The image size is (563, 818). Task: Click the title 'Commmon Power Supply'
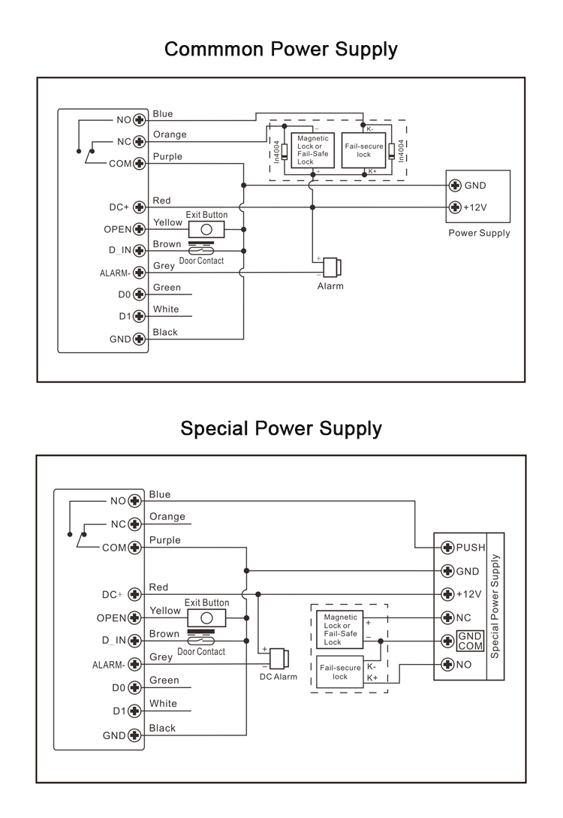click(x=281, y=50)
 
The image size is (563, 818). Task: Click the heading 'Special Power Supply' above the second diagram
click(x=281, y=429)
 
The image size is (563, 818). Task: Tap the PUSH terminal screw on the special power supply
click(x=447, y=547)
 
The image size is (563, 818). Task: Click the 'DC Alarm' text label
click(x=278, y=677)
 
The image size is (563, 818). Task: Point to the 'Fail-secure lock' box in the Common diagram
click(x=363, y=150)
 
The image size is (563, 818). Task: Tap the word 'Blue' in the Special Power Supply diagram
click(x=160, y=494)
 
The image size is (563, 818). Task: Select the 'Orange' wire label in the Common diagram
click(x=170, y=134)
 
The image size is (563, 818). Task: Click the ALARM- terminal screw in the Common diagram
click(x=138, y=273)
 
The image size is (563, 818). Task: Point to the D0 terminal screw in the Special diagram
click(x=135, y=687)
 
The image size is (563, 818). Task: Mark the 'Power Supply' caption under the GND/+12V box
click(x=479, y=233)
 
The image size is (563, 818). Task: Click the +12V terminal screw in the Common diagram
click(x=455, y=207)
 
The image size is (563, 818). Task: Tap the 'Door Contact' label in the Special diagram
click(x=201, y=651)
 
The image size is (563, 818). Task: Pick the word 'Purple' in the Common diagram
click(x=167, y=156)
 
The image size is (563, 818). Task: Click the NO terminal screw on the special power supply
click(x=447, y=664)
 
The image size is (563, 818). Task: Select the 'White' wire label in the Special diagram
click(x=163, y=703)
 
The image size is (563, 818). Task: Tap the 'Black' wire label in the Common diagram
click(x=165, y=332)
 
